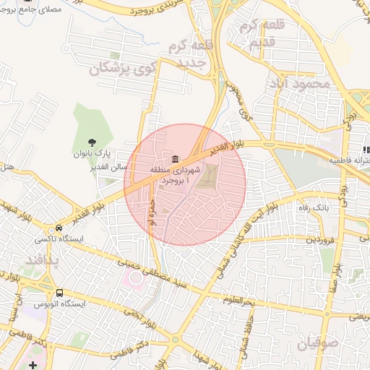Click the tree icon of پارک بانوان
(91, 142)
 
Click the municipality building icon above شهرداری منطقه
(174, 158)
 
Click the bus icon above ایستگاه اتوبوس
(59, 293)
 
